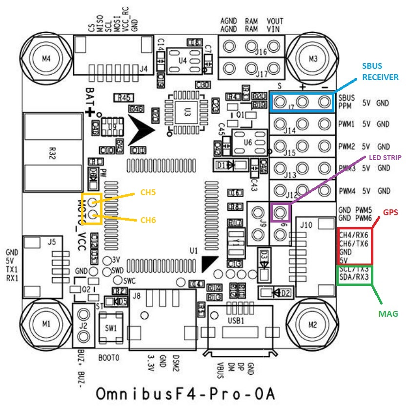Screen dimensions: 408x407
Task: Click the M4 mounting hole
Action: [x=46, y=59]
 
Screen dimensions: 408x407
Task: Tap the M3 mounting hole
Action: [x=313, y=59]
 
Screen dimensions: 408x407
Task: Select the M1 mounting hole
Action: [x=46, y=323]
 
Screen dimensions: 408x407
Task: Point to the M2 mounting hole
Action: [x=313, y=323]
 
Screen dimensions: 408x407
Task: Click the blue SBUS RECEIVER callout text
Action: [x=380, y=71]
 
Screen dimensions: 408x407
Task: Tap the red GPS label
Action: [x=390, y=213]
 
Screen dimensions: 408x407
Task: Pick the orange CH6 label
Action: [x=148, y=220]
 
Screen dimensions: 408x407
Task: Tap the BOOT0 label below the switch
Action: [x=109, y=357]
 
